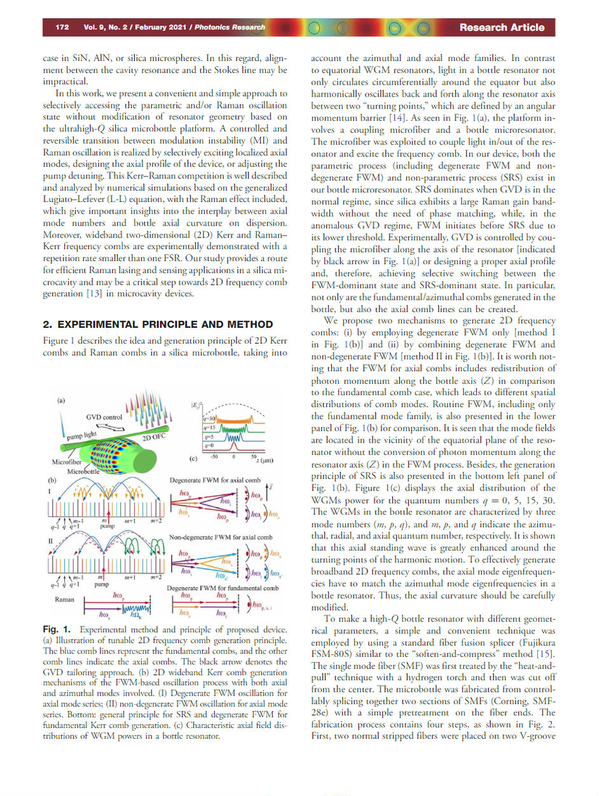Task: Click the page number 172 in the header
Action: tap(62, 27)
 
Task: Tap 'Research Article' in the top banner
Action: tap(502, 27)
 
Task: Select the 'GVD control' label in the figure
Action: tap(104, 416)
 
